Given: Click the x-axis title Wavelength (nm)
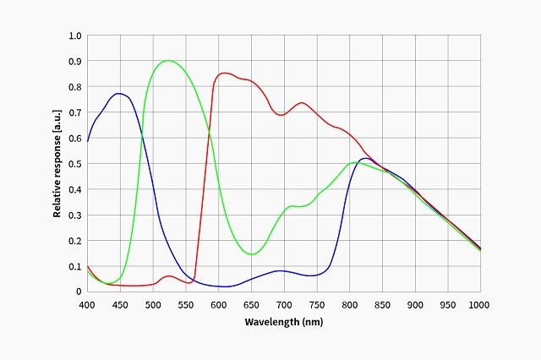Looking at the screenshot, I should click(x=283, y=322).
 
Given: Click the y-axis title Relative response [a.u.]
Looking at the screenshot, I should click(x=57, y=164).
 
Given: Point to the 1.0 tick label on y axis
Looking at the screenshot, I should click(x=76, y=36).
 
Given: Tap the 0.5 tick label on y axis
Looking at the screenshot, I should click(x=76, y=164).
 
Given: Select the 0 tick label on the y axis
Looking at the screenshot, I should click(x=79, y=292).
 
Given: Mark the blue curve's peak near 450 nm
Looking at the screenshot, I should click(x=119, y=94).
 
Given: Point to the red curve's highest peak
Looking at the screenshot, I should click(x=225, y=73).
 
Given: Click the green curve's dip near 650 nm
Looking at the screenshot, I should click(x=251, y=254).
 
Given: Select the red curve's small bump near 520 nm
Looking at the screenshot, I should click(x=168, y=276).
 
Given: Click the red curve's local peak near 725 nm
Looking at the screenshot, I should click(x=301, y=103).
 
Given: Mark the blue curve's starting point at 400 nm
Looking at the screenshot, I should click(x=87, y=141).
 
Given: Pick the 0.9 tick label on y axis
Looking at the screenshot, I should click(x=76, y=62).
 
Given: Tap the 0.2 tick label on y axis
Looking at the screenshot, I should click(x=76, y=241).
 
